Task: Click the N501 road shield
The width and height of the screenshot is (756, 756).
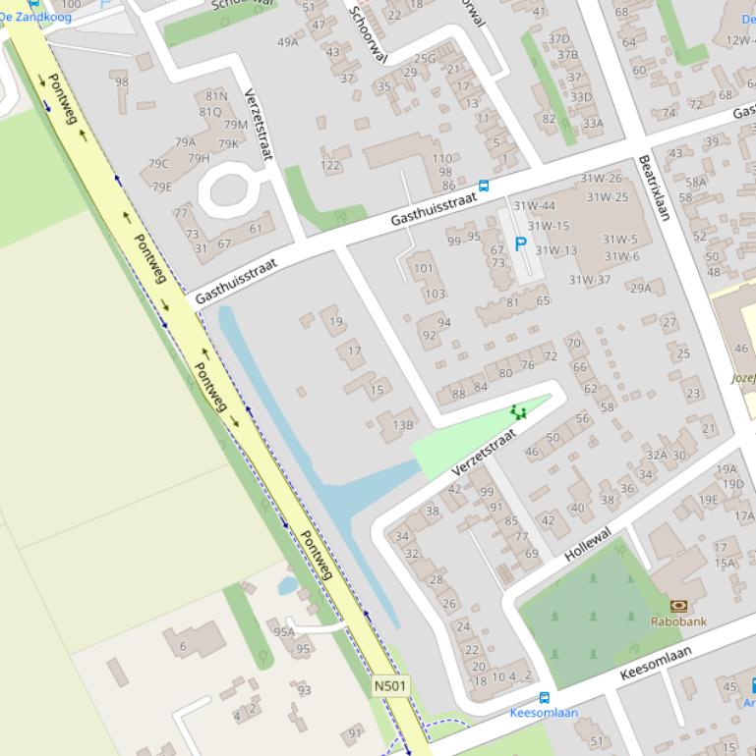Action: pos(390,685)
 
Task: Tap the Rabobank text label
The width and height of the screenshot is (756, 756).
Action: pos(678,621)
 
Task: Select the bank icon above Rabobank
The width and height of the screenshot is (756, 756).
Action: pos(677,606)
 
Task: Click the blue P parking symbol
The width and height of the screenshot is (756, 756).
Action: pos(520,244)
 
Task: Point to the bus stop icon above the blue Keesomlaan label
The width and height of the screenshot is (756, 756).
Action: pos(544,698)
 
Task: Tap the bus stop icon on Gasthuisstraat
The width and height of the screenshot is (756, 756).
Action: pos(483,186)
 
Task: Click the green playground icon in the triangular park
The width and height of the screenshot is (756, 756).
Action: pos(518,412)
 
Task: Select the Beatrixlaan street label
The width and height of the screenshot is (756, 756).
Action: pos(654,188)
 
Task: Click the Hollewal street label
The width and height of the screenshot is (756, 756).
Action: pos(588,544)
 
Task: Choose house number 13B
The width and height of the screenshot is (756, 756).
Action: pos(403,425)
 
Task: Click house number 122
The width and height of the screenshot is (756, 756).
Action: pos(330,165)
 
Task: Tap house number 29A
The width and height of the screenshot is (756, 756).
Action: pos(640,288)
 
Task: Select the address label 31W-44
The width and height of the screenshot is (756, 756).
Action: pos(534,206)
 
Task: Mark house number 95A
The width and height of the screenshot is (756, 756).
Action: pos(284,632)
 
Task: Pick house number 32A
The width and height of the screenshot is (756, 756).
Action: pos(656,455)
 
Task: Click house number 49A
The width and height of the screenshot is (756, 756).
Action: pos(287,42)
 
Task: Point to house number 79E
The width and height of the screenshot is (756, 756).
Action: pos(161,187)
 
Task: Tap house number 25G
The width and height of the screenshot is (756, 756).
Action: pos(424,59)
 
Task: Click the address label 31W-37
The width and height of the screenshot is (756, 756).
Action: pos(589,280)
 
